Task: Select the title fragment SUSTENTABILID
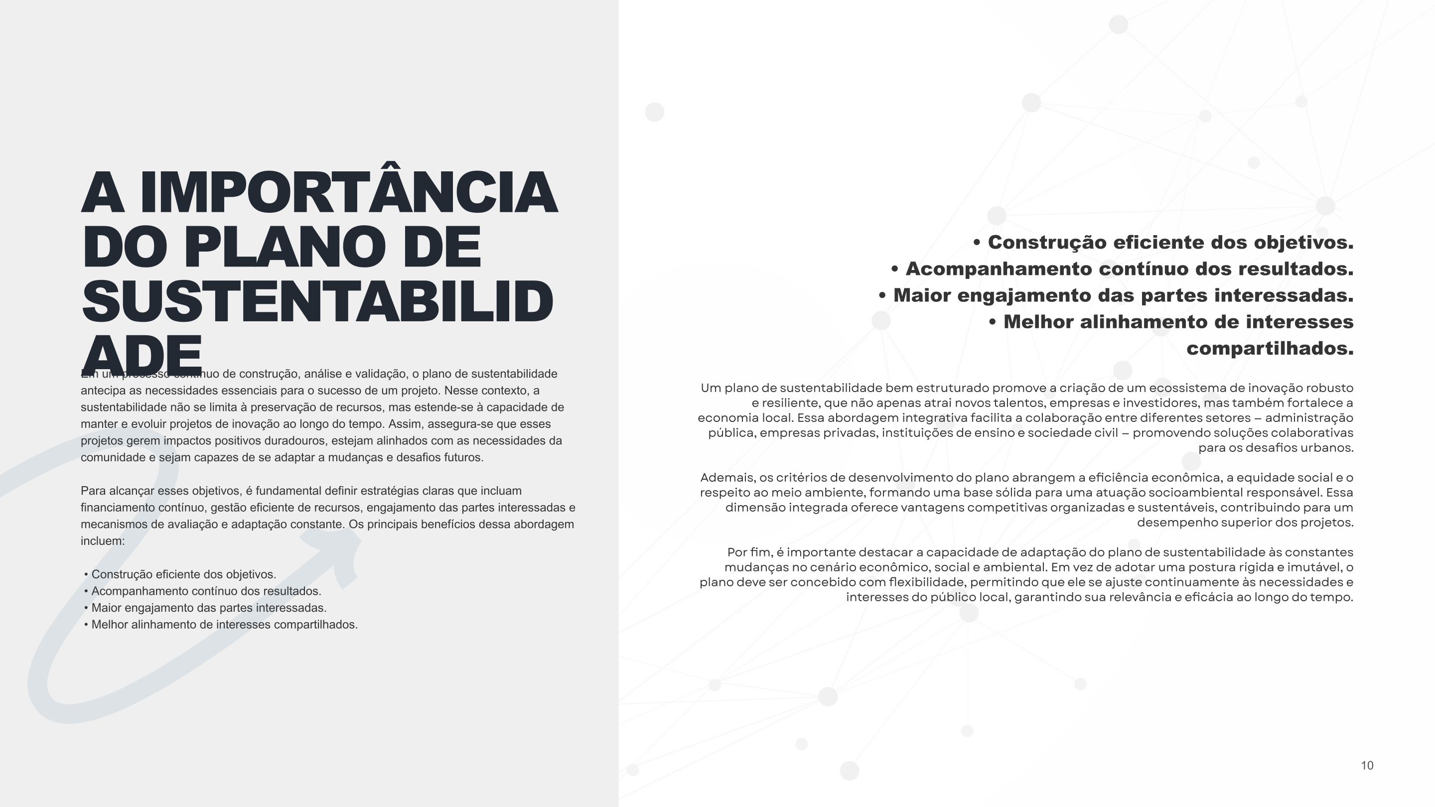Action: coord(317,301)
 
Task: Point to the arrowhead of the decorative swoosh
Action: coord(340,551)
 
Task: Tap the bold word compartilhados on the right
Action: coord(1270,349)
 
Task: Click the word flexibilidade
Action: coord(927,582)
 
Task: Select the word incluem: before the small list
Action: coord(103,541)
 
